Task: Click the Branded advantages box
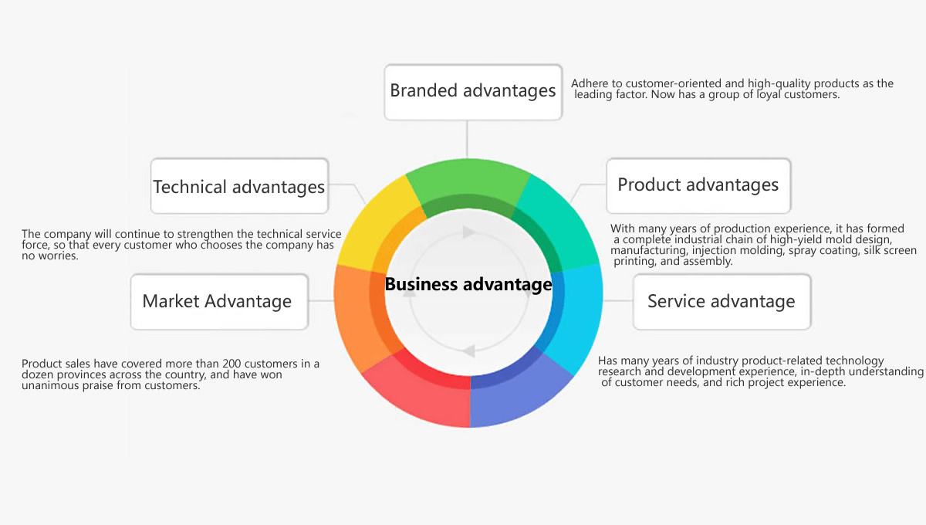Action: [473, 92]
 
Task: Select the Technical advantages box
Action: [239, 186]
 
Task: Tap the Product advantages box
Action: [698, 186]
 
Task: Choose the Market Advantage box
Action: [219, 302]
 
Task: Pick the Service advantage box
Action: [722, 302]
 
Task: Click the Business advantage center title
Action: [468, 284]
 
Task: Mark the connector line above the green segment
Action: [467, 139]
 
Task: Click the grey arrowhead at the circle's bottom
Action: [468, 351]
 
